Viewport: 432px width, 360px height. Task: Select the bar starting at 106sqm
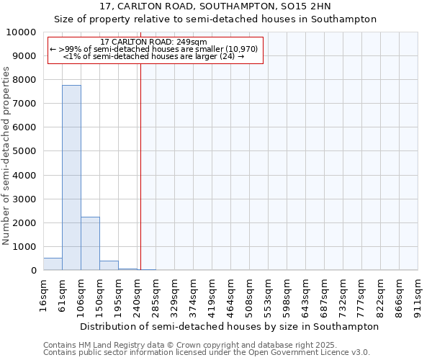pyautogui.click(x=90, y=243)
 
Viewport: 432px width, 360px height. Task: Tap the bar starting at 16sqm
pyautogui.click(x=53, y=264)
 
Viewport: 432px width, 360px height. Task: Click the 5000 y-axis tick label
pyautogui.click(x=24, y=151)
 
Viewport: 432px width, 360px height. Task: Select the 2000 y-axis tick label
pyautogui.click(x=24, y=222)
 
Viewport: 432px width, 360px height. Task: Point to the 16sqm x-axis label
pyautogui.click(x=44, y=295)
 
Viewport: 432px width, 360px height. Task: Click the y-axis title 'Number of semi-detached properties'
pyautogui.click(x=6, y=156)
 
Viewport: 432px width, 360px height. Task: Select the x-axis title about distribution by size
pyautogui.click(x=229, y=326)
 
